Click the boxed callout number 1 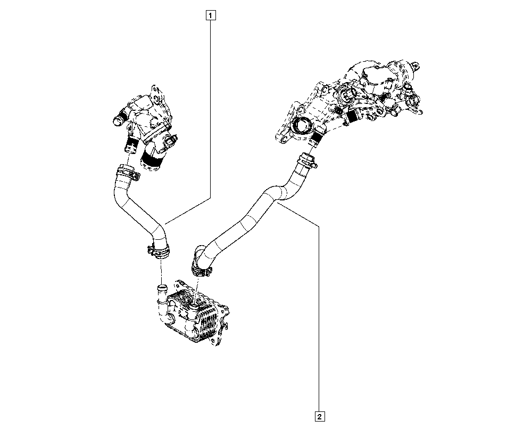pos(211,15)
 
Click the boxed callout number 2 pos(320,416)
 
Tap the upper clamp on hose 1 pos(126,172)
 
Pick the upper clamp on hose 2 pos(305,159)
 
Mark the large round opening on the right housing pos(303,127)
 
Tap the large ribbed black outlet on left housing pos(153,159)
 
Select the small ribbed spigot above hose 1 pos(131,142)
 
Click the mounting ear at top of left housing pos(156,92)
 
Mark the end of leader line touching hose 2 pos(278,203)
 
